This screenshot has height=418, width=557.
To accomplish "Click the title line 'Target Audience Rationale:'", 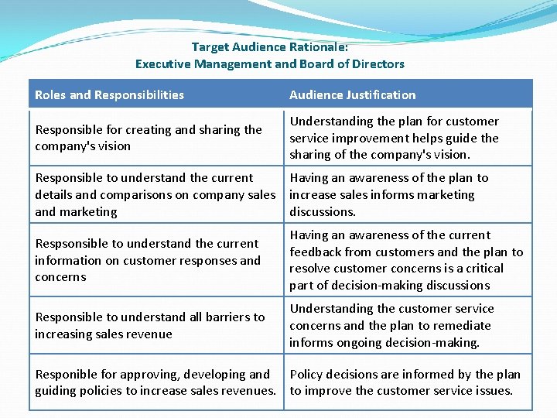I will [270, 47].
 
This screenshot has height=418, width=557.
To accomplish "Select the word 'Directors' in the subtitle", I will [378, 64].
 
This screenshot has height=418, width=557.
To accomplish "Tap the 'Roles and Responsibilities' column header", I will [109, 95].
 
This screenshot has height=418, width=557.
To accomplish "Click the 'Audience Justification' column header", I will [352, 95].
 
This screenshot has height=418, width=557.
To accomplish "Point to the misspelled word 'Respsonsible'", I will [69, 244].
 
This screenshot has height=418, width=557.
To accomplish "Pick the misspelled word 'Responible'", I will [64, 375].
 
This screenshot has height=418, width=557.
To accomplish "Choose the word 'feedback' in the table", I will [316, 252].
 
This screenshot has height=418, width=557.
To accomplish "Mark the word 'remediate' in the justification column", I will [463, 325].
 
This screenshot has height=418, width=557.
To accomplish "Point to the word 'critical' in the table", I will [483, 269].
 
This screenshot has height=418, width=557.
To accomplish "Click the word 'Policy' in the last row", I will [307, 375].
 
